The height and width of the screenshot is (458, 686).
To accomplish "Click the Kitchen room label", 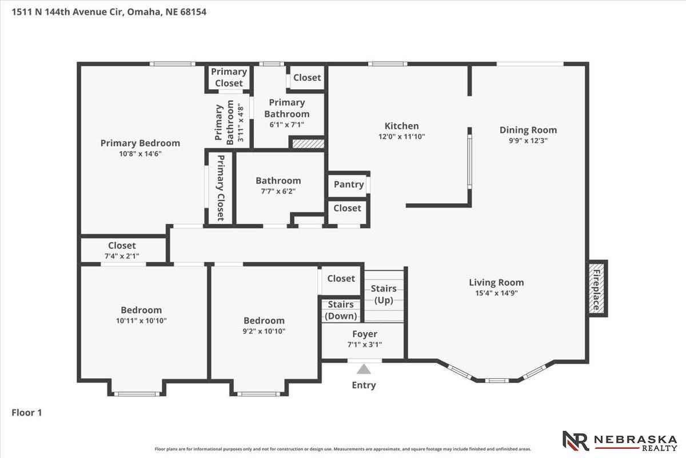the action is (401, 126).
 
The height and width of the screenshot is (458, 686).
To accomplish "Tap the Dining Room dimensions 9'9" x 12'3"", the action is (528, 140).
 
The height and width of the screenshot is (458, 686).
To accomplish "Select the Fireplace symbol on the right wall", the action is (597, 289).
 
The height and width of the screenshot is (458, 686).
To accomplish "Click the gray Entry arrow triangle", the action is (364, 369).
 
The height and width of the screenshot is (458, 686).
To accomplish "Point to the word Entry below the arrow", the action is (364, 385).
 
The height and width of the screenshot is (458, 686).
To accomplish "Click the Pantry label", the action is (349, 184).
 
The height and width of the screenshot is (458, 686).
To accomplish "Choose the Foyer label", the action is (365, 334).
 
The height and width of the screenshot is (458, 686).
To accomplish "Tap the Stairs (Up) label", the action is (384, 294).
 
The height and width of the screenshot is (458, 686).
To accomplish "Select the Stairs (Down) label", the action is (341, 310).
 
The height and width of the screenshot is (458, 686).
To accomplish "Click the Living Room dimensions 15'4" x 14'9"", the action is (496, 293).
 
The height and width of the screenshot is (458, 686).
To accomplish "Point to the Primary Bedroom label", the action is (140, 143).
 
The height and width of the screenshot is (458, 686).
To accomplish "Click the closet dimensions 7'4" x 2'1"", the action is (122, 256).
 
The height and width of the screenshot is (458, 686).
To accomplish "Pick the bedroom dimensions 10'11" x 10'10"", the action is (141, 321).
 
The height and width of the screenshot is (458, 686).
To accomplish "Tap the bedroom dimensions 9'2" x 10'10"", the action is (264, 331).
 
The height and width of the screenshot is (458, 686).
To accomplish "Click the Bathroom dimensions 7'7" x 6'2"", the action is (278, 191).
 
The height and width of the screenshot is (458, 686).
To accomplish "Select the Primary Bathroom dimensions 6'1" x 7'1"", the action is (286, 125).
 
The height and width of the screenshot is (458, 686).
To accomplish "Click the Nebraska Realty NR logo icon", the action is (576, 441).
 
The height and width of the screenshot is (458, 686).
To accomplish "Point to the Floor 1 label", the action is (27, 413).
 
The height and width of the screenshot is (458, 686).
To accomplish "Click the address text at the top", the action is (109, 12).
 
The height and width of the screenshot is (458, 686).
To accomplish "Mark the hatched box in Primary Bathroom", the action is (308, 144).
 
